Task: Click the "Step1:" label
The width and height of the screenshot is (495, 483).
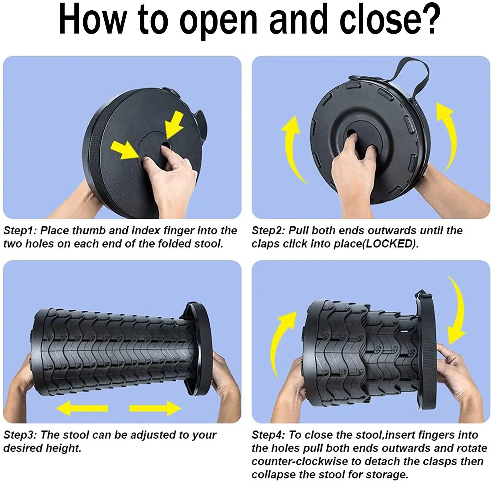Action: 20,231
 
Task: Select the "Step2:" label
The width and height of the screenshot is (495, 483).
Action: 269,231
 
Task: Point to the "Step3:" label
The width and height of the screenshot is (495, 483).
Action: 20,435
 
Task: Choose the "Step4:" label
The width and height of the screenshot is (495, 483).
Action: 269,435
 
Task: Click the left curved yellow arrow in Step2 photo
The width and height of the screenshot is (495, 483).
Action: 292,149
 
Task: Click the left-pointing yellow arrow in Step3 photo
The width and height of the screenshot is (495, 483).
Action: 82,409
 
